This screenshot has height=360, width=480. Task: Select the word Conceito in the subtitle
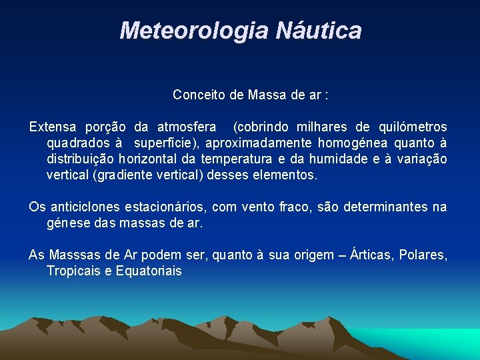198,95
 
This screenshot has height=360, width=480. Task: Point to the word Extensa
51,127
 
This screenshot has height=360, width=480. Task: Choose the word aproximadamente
259,143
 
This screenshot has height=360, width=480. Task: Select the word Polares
423,255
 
